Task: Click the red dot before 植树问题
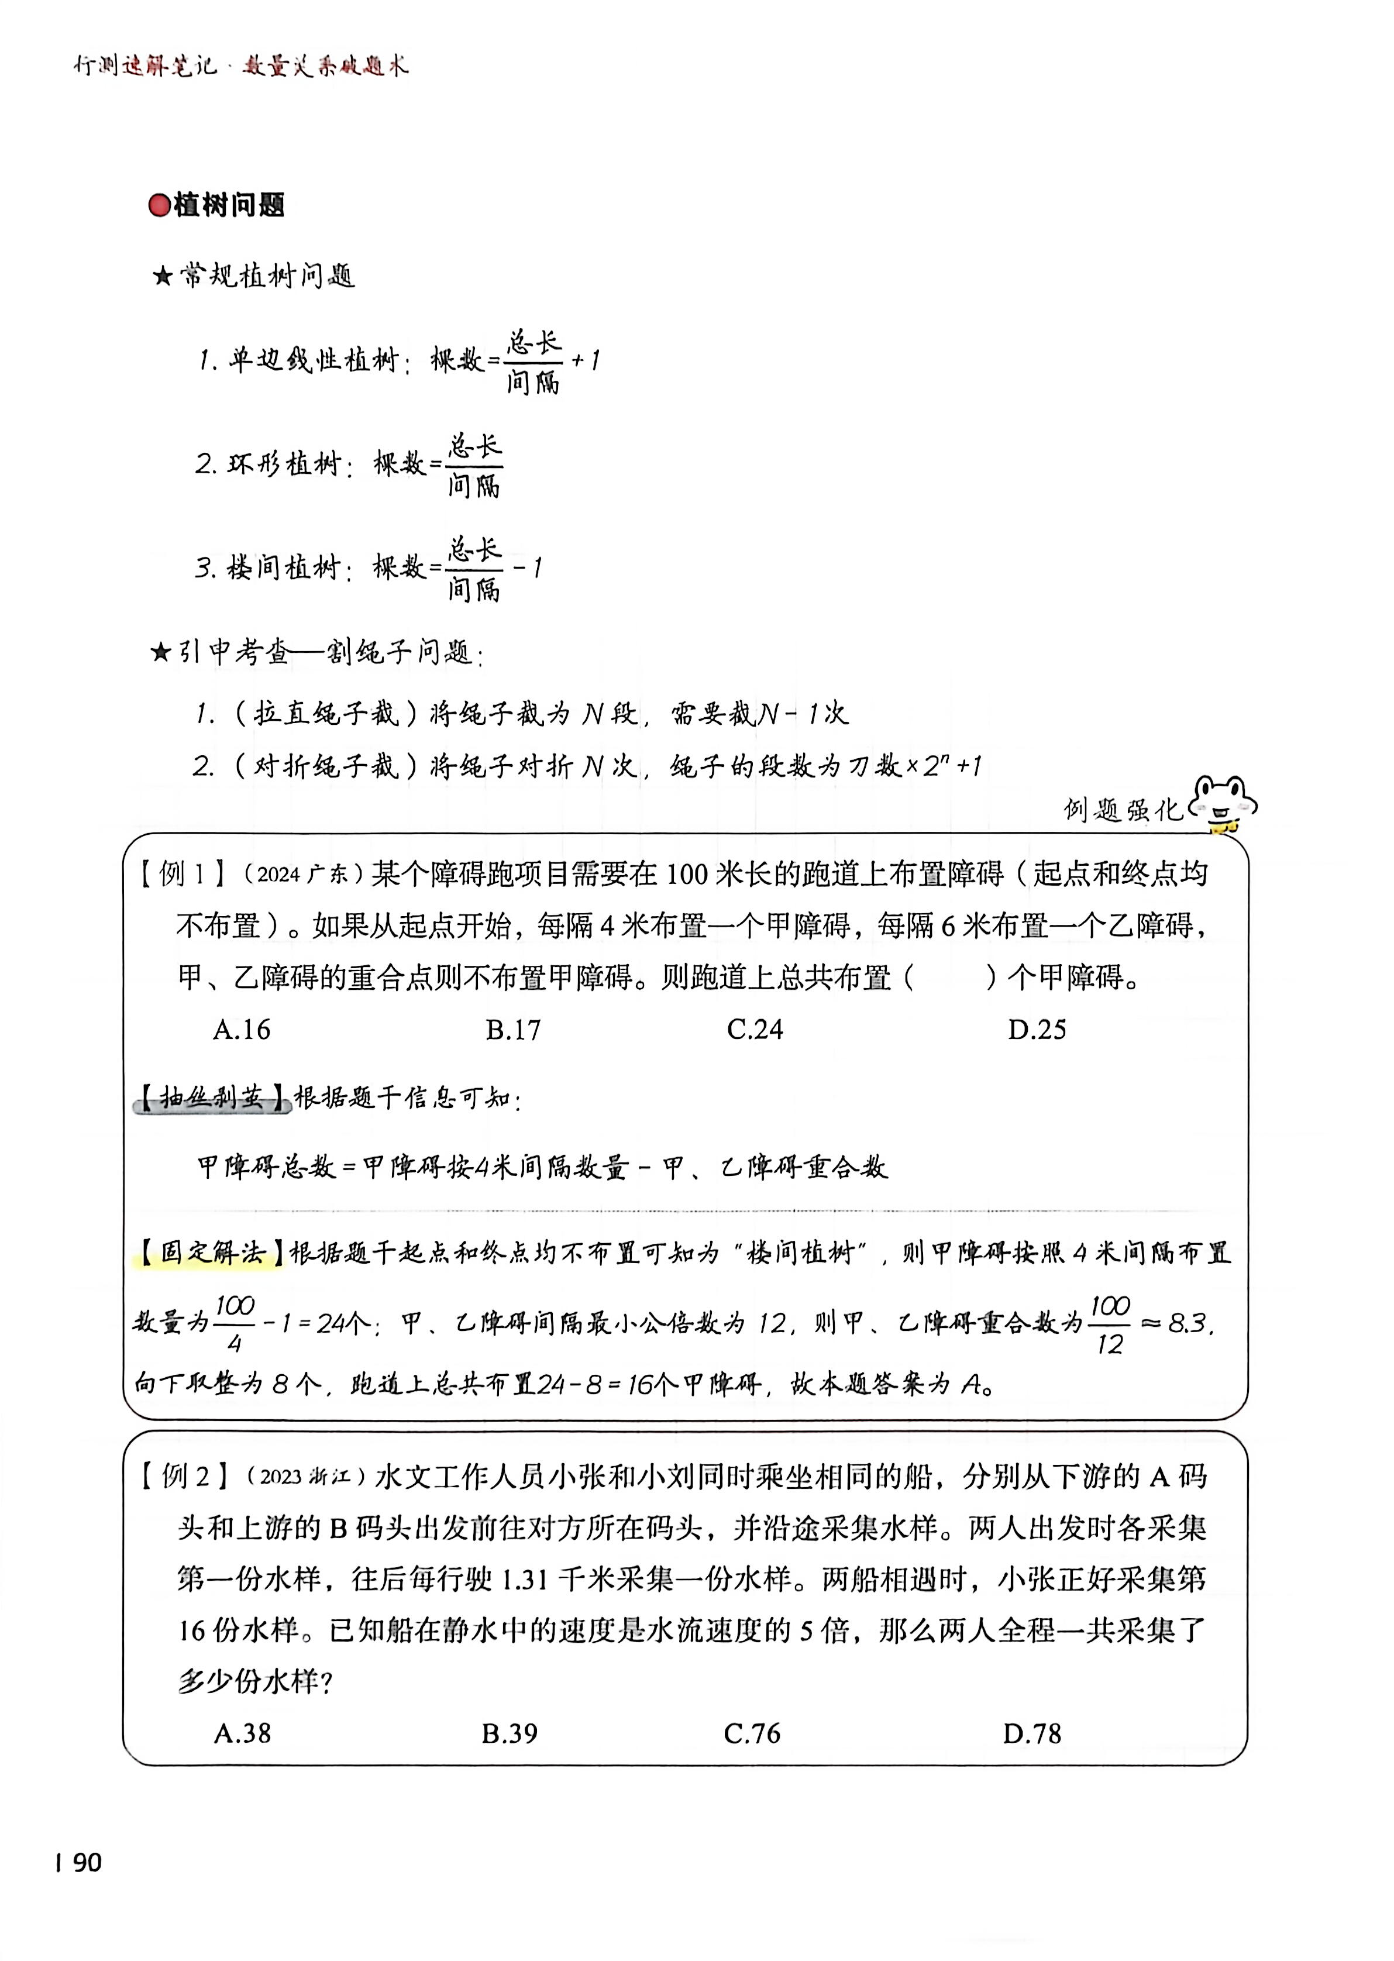point(160,206)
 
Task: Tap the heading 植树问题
point(229,206)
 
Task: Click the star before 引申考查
point(160,654)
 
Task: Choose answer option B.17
point(513,1029)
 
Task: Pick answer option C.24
point(755,1029)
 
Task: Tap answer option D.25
point(1037,1029)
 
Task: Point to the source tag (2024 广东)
point(298,875)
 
